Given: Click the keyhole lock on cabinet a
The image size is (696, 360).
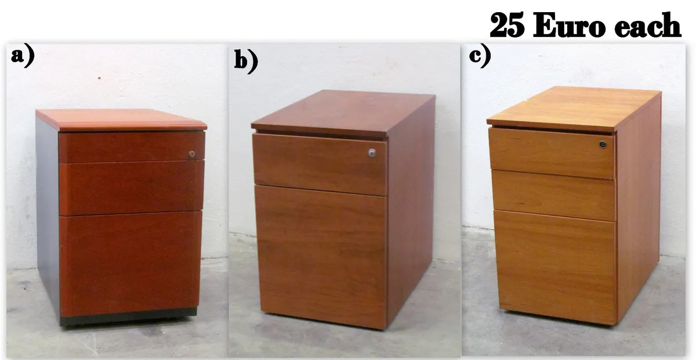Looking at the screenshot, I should [x=192, y=154].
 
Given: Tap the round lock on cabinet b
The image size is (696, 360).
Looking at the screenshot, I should [x=372, y=153].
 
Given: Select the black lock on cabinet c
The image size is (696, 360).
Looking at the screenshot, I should [x=603, y=144].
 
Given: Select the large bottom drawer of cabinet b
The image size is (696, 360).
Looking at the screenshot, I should [x=321, y=255].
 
